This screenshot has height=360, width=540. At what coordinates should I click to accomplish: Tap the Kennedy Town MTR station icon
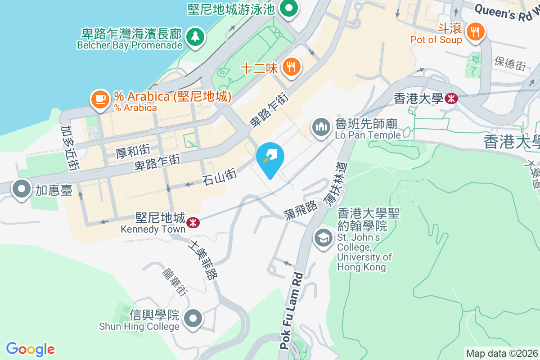pyautogui.click(x=193, y=222)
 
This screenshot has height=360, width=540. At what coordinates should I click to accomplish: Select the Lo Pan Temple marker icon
pyautogui.click(x=321, y=128)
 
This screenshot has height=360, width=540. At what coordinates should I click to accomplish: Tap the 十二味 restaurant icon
pyautogui.click(x=291, y=67)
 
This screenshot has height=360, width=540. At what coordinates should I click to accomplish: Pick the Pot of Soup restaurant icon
pyautogui.click(x=475, y=32)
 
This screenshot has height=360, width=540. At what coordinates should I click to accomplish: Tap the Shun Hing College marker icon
pyautogui.click(x=193, y=319)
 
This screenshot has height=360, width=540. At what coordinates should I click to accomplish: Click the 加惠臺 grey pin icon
pyautogui.click(x=22, y=190)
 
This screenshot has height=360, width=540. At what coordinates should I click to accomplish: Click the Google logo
pyautogui.click(x=30, y=349)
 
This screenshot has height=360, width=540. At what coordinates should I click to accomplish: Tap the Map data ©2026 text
pyautogui.click(x=501, y=353)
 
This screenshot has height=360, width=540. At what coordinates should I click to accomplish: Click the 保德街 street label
pyautogui.click(x=510, y=63)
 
